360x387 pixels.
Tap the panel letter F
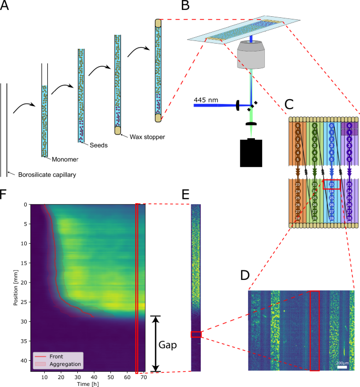(5, 195)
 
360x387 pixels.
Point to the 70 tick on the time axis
(143, 378)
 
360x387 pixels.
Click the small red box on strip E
(196, 334)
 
